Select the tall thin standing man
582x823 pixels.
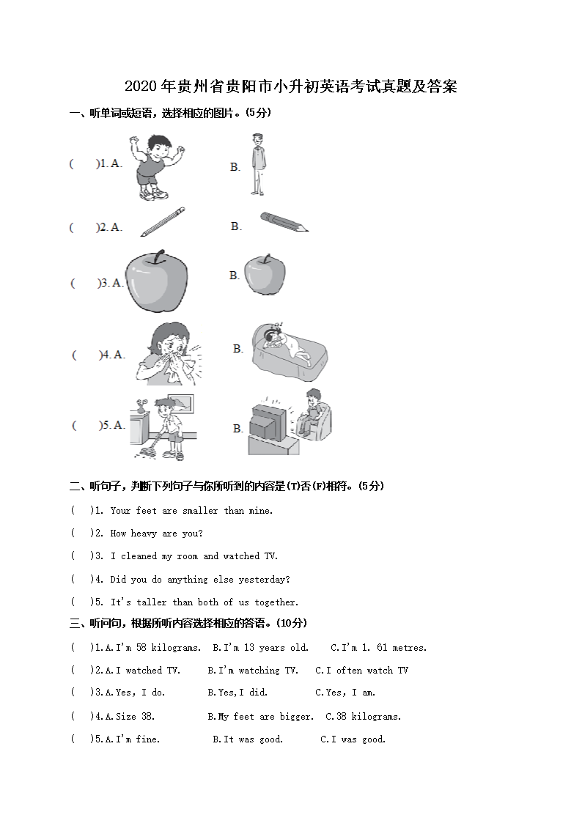tap(257, 164)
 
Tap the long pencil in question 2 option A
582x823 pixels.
tap(163, 221)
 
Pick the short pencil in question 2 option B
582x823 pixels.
tap(284, 221)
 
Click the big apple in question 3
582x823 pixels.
tap(156, 281)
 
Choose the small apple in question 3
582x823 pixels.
tap(265, 275)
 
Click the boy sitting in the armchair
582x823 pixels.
tap(313, 414)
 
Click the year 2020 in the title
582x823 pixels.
tap(141, 86)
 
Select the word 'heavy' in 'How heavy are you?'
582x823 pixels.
tap(144, 534)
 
